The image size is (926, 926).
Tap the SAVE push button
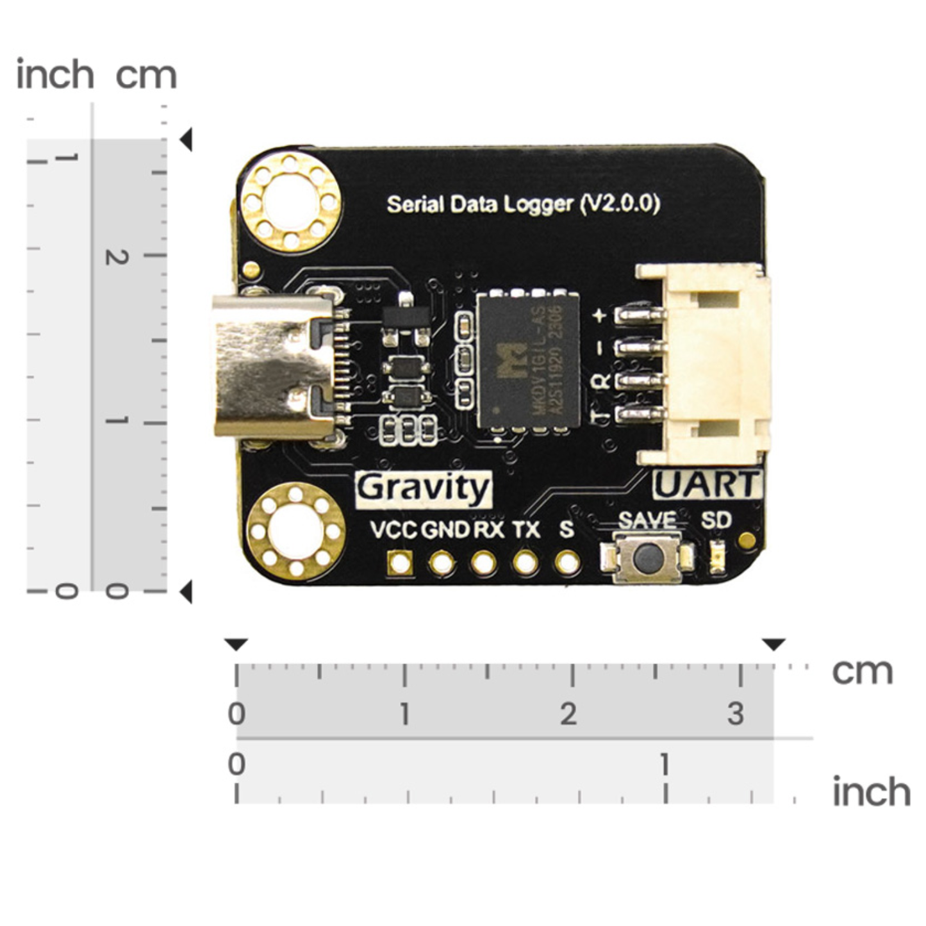(x=647, y=558)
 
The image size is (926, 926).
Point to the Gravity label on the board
(x=424, y=490)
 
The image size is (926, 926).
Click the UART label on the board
(x=707, y=485)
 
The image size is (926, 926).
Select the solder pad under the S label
(x=567, y=563)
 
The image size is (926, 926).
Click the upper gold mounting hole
(x=291, y=203)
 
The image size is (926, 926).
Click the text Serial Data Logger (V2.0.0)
(x=523, y=204)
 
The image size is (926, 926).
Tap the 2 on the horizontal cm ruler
(x=568, y=714)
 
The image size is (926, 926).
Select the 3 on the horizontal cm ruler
(x=736, y=714)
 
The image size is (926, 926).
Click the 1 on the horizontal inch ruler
(x=665, y=765)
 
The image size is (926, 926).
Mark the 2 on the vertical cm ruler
(x=117, y=257)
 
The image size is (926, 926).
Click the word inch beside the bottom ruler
(x=871, y=792)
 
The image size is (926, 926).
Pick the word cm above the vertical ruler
(x=146, y=76)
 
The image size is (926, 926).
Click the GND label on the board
(x=445, y=530)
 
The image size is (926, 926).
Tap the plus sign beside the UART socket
(x=600, y=315)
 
